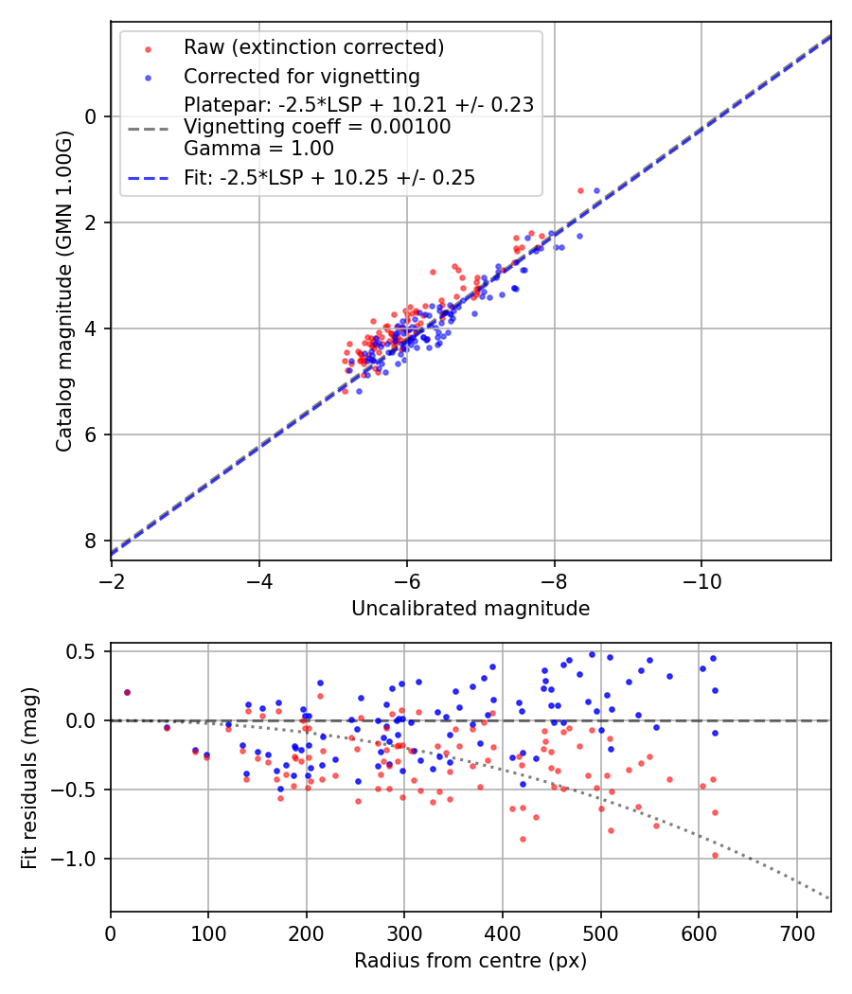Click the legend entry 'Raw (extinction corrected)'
(x=313, y=47)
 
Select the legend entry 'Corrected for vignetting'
(x=301, y=76)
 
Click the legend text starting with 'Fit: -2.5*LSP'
(x=329, y=177)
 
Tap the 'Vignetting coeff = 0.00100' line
(x=317, y=127)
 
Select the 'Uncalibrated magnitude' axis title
(x=470, y=609)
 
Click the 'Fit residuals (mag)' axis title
(x=29, y=777)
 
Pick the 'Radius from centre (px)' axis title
(x=470, y=961)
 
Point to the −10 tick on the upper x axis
(x=701, y=578)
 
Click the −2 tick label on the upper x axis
(x=112, y=578)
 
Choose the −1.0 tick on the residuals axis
(x=80, y=859)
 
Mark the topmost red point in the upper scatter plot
(x=580, y=190)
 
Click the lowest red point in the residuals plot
(x=715, y=855)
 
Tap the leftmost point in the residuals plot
(x=127, y=692)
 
